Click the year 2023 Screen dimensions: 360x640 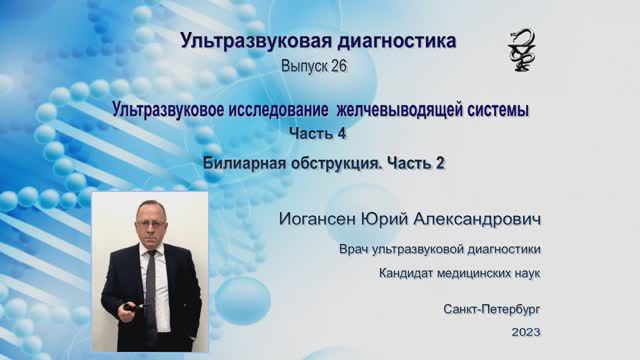coord(525,331)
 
